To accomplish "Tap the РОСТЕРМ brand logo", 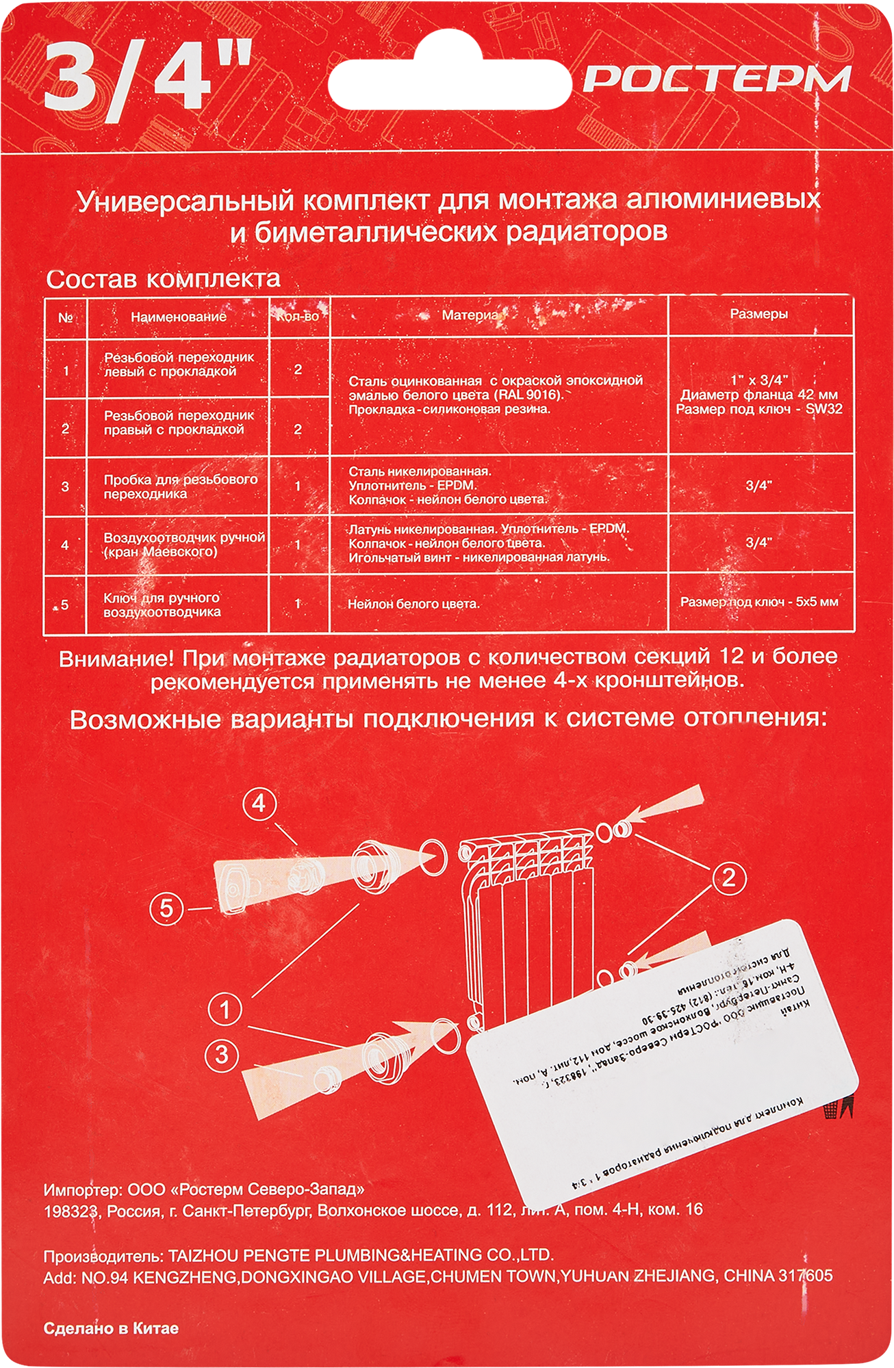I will pos(716,80).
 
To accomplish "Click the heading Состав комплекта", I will pos(163,279).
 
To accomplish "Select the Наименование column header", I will pos(178,317).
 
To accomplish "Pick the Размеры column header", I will pos(758,314).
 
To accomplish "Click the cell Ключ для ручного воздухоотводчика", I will pos(162,605).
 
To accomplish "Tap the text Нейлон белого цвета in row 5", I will pos(413,604).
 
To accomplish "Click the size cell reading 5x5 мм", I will pos(758,602).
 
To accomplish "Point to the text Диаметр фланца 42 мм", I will pos(758,395).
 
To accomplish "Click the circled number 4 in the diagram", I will pos(259,803).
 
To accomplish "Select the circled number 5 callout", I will pos(167,909).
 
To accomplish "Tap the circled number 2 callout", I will pos(728,877).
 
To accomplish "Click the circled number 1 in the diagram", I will pos(225,1010).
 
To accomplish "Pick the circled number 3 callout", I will pos(222,1054).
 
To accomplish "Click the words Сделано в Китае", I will pos(111,1328).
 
